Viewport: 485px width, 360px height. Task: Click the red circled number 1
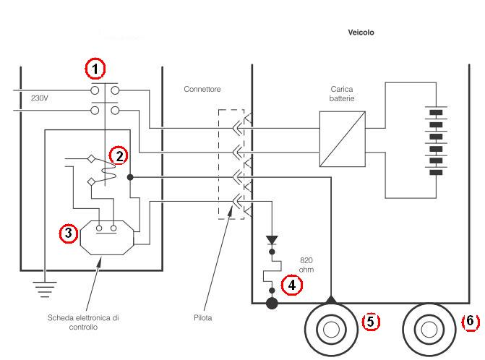click(95, 69)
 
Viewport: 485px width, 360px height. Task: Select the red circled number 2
click(118, 155)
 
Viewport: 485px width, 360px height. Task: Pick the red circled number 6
click(469, 321)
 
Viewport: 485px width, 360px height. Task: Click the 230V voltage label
click(40, 98)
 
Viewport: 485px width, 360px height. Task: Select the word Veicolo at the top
click(360, 33)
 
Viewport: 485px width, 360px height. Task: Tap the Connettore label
click(202, 89)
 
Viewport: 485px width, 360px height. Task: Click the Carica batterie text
click(343, 94)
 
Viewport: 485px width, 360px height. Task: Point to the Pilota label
click(202, 317)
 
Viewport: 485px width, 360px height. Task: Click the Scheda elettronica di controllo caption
click(85, 322)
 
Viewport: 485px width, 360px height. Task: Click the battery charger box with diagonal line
click(343, 140)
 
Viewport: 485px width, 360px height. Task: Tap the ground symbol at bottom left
click(45, 290)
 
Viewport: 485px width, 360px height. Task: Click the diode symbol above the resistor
click(272, 241)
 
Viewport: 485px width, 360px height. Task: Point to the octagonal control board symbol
click(106, 236)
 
